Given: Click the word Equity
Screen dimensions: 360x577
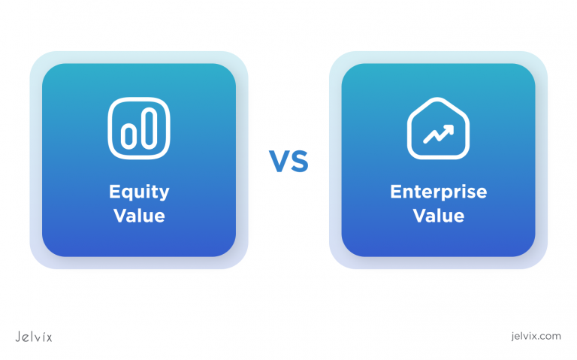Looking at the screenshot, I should pos(138,192).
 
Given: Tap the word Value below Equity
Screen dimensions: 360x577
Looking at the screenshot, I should pos(138,216).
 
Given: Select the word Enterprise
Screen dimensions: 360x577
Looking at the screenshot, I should pos(438,192).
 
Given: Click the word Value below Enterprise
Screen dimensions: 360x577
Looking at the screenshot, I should pos(438,216).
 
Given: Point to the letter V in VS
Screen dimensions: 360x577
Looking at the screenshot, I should pos(279,161).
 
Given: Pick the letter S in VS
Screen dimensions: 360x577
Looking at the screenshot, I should pos(298,161).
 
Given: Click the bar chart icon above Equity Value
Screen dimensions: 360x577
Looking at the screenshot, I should pos(138,129).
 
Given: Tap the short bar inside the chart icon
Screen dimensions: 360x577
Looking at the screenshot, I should pos(128,135).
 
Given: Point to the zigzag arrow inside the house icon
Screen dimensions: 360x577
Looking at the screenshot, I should pos(438,135).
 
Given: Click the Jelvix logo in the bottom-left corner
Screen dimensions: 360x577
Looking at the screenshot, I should pos(34,336).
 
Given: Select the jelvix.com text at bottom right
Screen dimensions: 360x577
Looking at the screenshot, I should pos(534,336).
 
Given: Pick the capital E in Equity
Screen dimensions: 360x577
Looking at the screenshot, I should pos(115,192).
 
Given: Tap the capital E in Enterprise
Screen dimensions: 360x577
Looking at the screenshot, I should pos(395,192).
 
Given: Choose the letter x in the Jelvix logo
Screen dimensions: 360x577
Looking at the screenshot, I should pos(49,337).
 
